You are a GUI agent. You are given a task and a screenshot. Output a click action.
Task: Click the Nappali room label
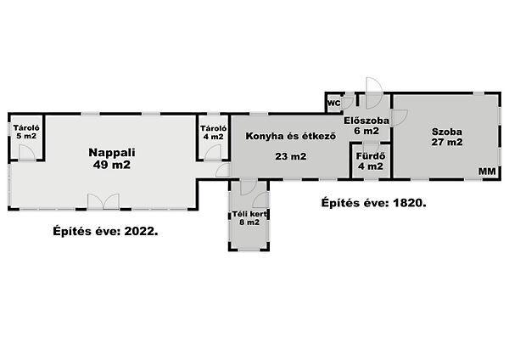click(112, 152)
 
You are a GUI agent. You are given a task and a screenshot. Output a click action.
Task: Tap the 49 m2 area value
click(112, 165)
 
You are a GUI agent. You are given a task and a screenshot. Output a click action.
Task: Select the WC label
click(334, 104)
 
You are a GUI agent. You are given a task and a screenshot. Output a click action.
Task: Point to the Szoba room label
click(447, 132)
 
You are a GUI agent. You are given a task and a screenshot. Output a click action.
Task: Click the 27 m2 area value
click(447, 142)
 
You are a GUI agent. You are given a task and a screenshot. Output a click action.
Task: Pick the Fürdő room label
click(371, 156)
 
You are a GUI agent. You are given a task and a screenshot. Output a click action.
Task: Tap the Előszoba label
click(366, 121)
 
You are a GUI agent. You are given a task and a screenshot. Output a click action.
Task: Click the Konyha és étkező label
click(290, 136)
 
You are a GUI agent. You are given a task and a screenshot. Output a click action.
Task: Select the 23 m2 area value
click(290, 156)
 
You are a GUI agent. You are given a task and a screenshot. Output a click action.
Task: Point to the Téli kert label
click(249, 214)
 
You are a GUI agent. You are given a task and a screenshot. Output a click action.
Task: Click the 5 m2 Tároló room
click(26, 138)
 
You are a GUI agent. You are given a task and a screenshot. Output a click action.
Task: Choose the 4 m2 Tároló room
click(213, 138)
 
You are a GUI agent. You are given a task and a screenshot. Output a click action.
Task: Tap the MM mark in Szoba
click(487, 172)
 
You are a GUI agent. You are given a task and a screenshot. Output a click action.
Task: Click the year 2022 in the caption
click(141, 231)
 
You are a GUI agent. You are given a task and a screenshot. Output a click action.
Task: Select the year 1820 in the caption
click(410, 203)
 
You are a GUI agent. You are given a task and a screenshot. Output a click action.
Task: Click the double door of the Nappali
click(103, 201)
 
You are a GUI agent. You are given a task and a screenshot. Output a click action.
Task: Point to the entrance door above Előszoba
click(374, 93)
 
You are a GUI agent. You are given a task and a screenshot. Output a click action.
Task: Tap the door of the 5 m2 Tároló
click(27, 152)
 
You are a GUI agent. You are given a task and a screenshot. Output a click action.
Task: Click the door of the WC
click(348, 102)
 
